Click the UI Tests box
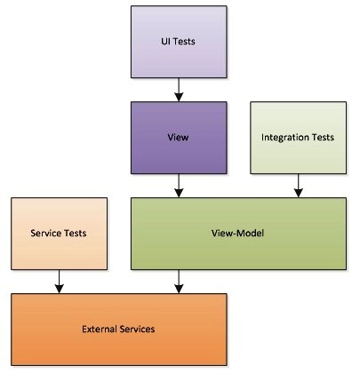point(179,42)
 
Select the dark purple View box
point(179,138)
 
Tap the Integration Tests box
point(299,138)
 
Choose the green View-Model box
point(238,234)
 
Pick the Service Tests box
point(60,234)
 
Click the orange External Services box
point(119,329)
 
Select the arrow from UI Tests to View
point(179,90)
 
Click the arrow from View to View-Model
point(179,186)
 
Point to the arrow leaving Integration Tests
point(299,186)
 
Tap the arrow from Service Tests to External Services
point(60,282)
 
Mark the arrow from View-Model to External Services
point(179,282)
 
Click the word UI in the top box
point(165,41)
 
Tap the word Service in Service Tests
point(44,234)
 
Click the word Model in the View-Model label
point(251,234)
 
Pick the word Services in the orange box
point(138,329)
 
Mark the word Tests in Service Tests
point(74,234)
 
